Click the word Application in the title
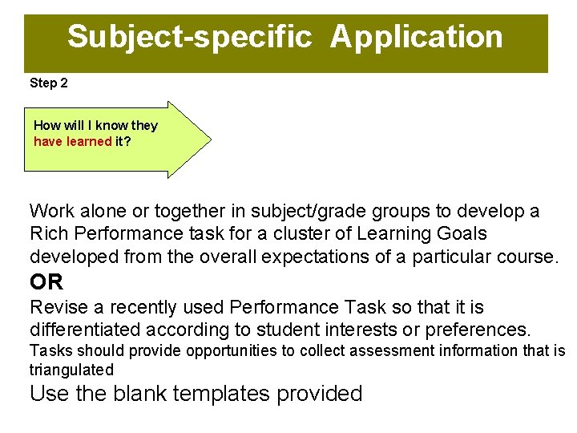click(x=416, y=37)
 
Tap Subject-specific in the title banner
click(x=189, y=37)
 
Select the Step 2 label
click(x=50, y=83)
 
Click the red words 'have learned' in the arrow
click(x=73, y=141)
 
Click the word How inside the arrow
click(x=47, y=125)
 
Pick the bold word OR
click(x=46, y=282)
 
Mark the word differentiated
click(x=87, y=330)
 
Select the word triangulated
click(x=71, y=370)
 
